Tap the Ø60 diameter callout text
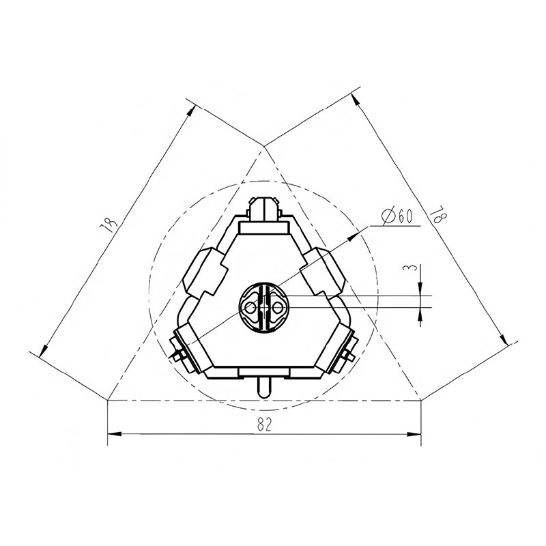point(397,217)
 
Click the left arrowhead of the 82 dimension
point(115,434)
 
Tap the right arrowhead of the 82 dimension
point(414,434)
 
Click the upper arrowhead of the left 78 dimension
point(191,112)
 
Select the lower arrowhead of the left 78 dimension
point(44,351)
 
